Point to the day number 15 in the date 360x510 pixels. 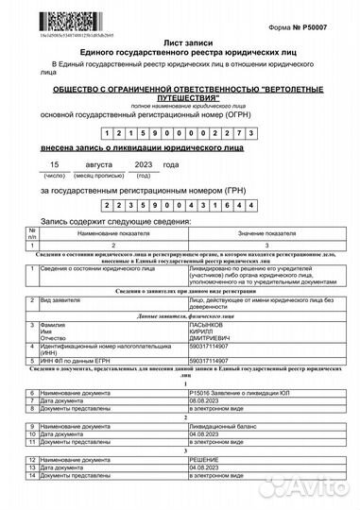(55, 164)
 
